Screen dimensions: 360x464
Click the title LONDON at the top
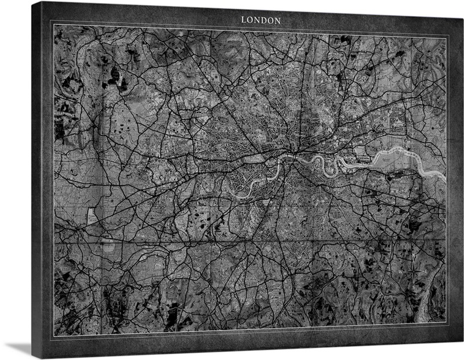pyautogui.click(x=261, y=20)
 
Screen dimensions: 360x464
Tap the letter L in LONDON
pyautogui.click(x=244, y=20)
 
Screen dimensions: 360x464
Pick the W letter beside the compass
pyautogui.click(x=400, y=271)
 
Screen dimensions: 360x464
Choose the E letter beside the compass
pyautogui.click(x=425, y=271)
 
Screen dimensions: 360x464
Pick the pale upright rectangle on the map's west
pyautogui.click(x=91, y=217)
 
